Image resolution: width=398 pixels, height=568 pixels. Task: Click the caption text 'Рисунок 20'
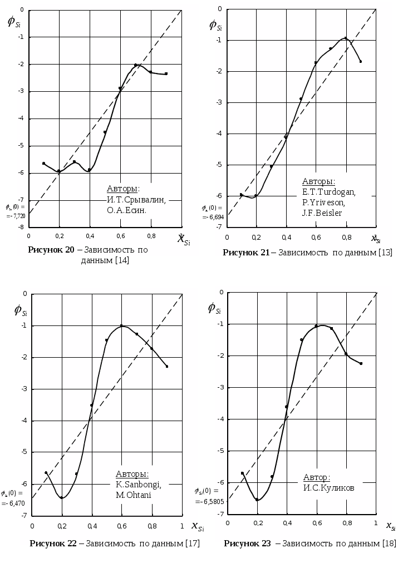[51, 250]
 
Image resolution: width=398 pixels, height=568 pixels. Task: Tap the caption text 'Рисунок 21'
[246, 253]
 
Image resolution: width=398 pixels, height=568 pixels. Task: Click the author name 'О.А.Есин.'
[126, 210]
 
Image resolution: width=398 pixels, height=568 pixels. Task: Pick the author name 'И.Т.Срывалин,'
[136, 200]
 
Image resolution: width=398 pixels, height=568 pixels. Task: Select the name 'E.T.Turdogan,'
[328, 192]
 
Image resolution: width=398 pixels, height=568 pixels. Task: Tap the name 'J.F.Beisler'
[322, 213]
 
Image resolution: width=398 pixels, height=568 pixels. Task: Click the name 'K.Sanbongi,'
[138, 485]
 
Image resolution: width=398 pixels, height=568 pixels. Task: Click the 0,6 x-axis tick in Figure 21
[316, 238]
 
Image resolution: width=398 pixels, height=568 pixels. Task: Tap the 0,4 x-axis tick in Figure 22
[92, 526]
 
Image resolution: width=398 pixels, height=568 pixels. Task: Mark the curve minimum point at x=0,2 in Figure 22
[62, 497]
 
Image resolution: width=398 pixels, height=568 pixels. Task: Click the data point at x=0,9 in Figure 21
[361, 62]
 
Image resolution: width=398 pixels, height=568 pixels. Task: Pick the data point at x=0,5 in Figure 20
[105, 132]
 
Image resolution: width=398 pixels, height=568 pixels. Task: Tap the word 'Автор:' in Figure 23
[316, 477]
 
